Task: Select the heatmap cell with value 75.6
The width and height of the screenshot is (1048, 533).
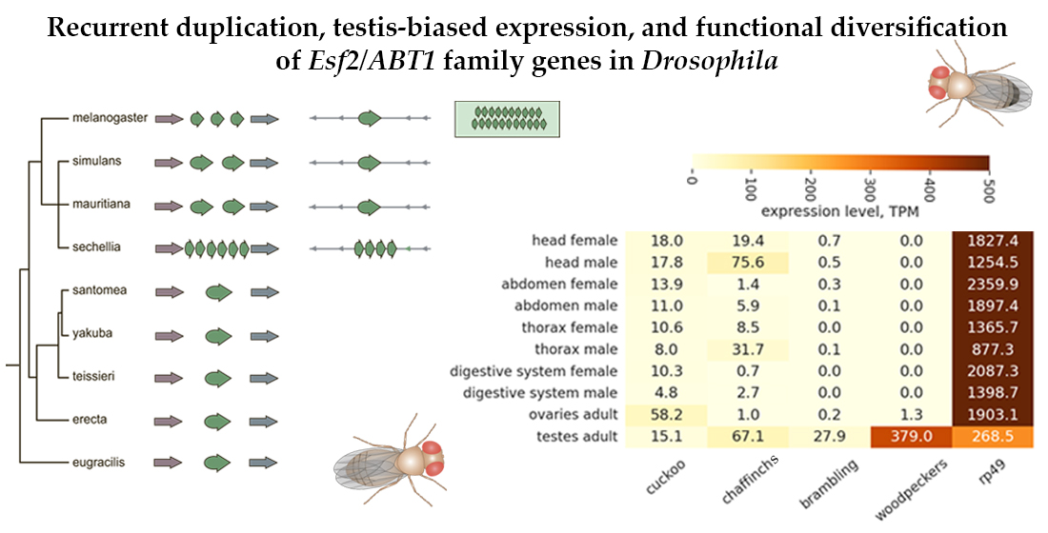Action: pos(747,262)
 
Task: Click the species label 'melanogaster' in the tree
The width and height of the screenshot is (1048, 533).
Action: pos(110,119)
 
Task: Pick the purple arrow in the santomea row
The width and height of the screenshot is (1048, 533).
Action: pos(169,291)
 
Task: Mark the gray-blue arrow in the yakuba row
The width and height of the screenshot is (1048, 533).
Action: pos(264,334)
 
